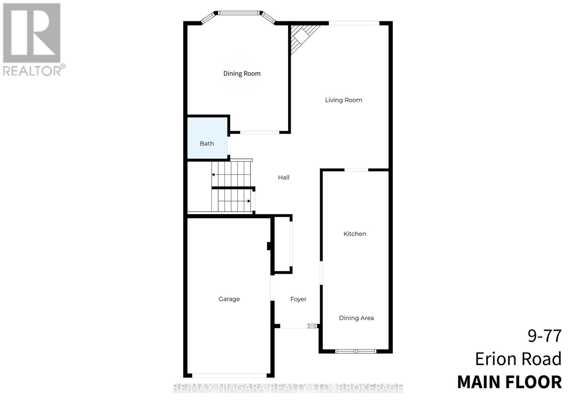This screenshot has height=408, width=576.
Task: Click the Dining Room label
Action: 242,74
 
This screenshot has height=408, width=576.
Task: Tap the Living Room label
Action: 343,100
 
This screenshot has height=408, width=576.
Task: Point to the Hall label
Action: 283,177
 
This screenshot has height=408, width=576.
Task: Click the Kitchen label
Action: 355,234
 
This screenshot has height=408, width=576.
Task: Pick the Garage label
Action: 229,299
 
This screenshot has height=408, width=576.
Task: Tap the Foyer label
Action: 298,299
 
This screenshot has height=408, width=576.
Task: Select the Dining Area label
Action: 356,318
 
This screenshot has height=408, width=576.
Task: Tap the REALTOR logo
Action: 33,40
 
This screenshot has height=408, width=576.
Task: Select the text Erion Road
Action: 518,359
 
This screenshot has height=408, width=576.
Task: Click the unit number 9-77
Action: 544,336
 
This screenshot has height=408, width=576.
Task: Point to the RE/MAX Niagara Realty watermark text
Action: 288,388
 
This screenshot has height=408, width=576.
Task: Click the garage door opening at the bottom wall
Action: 229,375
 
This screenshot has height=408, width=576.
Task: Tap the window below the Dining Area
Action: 356,351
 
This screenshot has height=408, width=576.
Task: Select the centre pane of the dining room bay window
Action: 239,13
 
